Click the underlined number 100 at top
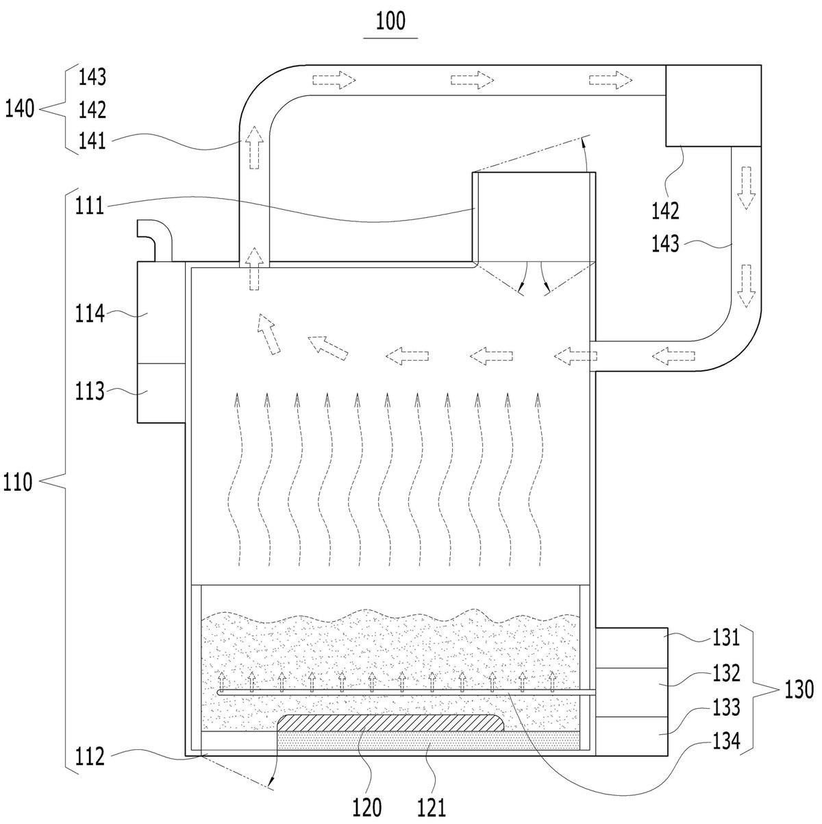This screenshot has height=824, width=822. tap(390, 21)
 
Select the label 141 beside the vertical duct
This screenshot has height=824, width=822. tap(92, 141)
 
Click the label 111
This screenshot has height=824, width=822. tap(90, 206)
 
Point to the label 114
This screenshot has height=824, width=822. tap(90, 313)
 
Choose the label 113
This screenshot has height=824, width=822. tap(90, 391)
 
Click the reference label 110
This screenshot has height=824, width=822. tap(18, 482)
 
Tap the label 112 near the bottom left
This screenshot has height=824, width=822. tap(90, 756)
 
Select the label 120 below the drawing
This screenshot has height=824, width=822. tap(366, 808)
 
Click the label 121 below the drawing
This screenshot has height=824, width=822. tap(432, 808)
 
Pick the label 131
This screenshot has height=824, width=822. tap(726, 637)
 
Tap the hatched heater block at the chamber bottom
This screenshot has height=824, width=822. tap(390, 723)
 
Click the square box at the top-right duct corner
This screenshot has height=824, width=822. tap(713, 106)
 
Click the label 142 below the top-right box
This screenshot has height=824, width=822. tap(665, 210)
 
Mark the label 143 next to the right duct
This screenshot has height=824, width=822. tap(665, 244)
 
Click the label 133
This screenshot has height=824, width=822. tap(726, 707)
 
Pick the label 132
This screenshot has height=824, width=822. tap(726, 672)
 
